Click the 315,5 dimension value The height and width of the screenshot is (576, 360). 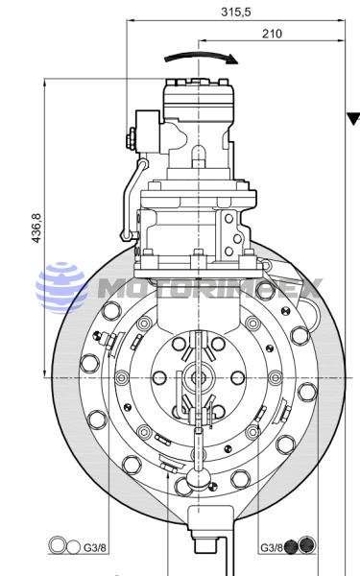pos(236,12)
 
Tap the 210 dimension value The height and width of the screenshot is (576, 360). pos(273,34)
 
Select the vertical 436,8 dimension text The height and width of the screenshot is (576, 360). pos(37,228)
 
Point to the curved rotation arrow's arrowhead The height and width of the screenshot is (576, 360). pos(232,60)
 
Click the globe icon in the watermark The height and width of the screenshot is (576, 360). pos(61,288)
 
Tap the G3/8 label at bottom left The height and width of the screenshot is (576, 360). pos(95,548)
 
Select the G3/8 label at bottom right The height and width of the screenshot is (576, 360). pos(272,548)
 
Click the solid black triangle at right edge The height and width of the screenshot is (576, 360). pos(354,119)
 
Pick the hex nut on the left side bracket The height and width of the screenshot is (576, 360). pos(130,139)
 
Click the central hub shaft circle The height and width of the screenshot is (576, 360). pos(199,377)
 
